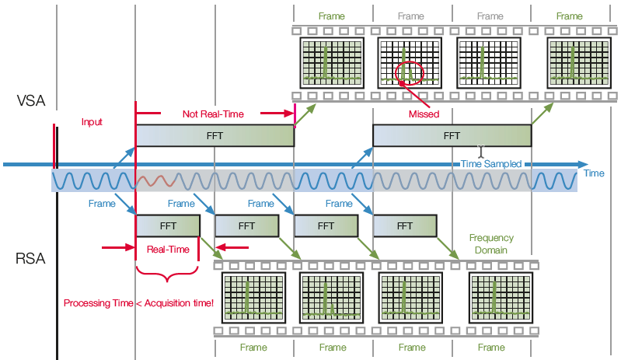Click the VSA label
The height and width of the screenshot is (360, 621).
31,100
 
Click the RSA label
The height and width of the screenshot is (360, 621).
30,259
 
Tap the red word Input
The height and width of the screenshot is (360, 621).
92,122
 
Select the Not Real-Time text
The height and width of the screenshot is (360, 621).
213,114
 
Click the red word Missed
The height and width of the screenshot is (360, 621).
424,114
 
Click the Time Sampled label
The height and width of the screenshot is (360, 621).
491,164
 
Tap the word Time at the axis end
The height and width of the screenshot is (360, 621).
594,173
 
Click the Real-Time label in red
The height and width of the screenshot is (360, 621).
168,250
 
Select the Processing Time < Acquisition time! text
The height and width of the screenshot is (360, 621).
138,303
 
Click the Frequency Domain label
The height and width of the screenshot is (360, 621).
491,244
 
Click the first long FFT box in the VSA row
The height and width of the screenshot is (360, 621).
215,136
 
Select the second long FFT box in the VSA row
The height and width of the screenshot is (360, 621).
452,136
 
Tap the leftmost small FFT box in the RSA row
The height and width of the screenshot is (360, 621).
168,226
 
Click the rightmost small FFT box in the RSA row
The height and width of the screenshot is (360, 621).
405,226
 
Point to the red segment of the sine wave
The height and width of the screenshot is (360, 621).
155,181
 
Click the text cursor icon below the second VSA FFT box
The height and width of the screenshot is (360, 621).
481,152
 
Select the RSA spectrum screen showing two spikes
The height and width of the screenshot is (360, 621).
332,298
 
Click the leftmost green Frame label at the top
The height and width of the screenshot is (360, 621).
332,16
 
